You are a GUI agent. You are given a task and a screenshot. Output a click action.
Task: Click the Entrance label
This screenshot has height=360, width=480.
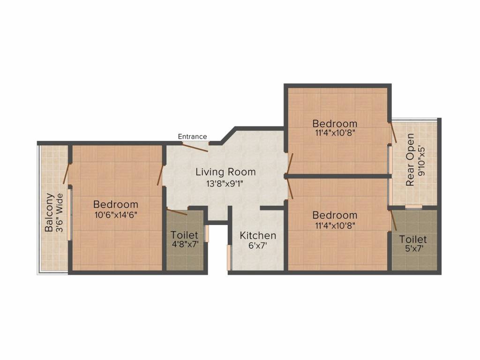pos(192,136)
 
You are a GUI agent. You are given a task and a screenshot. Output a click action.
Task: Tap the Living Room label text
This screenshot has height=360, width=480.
pos(225,172)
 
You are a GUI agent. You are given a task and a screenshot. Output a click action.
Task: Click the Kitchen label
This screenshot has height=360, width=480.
pos(258,235)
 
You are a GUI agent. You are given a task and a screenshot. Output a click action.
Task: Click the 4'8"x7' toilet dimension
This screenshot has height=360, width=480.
pos(184,244)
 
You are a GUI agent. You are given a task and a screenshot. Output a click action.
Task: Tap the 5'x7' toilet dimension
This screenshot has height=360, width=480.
pos(413,249)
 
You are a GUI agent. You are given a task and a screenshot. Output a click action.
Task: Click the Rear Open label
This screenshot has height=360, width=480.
pos(411,160)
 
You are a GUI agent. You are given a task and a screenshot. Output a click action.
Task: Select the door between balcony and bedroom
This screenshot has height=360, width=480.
pos(67,173)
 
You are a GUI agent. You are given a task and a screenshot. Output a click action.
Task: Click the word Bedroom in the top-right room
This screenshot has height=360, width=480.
pos(335,123)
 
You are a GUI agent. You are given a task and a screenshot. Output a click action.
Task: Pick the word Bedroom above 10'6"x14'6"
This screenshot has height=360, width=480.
pos(115,204)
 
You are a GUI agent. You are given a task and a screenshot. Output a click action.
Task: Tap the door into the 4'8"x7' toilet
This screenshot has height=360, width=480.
pos(177,211)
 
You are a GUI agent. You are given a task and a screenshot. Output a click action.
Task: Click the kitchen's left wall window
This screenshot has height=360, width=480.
pos(229,257)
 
